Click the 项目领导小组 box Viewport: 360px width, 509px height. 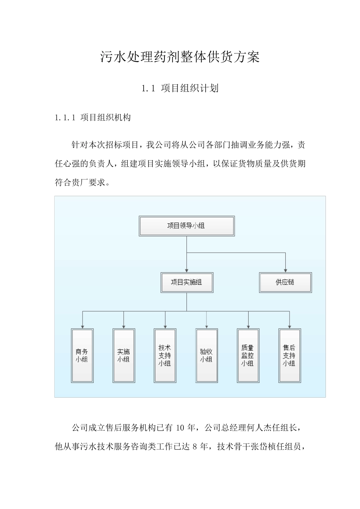[186, 226]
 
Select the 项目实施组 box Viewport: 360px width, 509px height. [186, 282]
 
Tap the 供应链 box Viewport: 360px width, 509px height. [285, 282]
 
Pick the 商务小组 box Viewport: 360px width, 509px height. [82, 355]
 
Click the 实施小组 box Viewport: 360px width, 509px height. [124, 355]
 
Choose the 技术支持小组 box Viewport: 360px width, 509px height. [165, 355]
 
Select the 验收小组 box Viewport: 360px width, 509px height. [207, 355]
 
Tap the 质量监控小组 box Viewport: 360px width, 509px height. [248, 355]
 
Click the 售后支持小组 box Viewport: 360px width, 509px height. [289, 355]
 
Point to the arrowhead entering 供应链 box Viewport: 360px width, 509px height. [285, 270]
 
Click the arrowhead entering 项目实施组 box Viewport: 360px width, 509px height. [186, 270]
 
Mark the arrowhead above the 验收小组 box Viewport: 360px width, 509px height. [207, 326]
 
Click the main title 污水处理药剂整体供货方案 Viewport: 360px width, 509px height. [180, 57]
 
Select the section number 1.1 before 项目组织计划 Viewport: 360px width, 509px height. [148, 89]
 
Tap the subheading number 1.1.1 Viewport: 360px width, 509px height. [66, 117]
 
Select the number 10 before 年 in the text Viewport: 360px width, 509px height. [180, 428]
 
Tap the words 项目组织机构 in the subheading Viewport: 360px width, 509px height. [106, 117]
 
